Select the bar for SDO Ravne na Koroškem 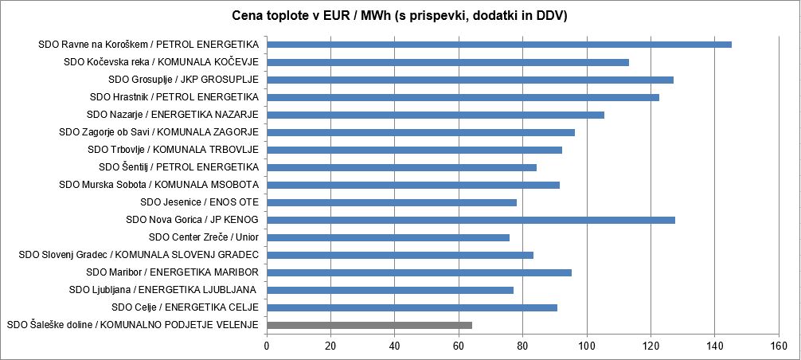(x=499, y=45)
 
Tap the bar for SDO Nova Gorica (x=471, y=220)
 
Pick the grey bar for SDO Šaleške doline (x=369, y=325)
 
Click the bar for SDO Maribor (x=419, y=272)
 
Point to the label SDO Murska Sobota (x=159, y=185)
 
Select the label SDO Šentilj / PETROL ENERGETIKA (x=179, y=167)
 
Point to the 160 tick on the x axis (x=778, y=345)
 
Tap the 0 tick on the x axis (x=267, y=345)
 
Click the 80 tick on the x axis (x=522, y=345)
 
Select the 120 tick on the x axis (x=651, y=345)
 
